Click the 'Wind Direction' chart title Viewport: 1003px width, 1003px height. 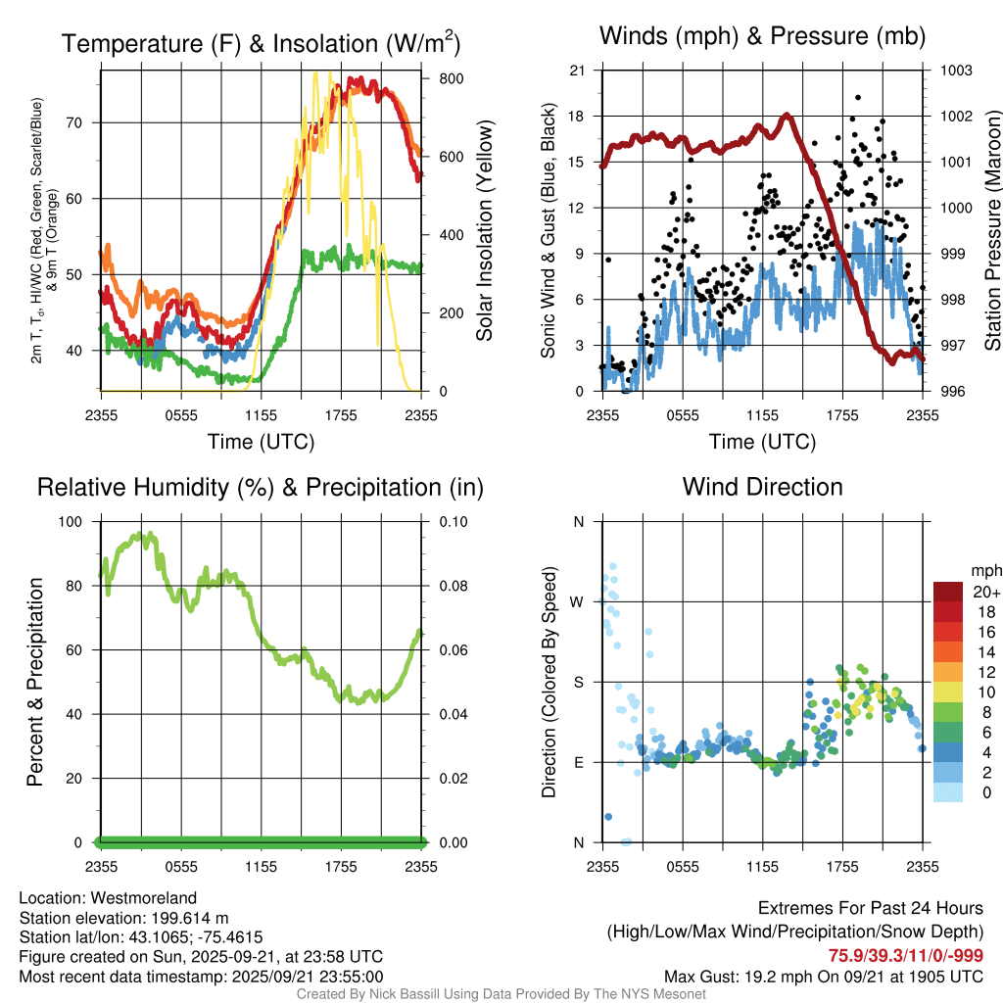[x=762, y=487]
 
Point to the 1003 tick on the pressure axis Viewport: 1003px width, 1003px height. [x=956, y=71]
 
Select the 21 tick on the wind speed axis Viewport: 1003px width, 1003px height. [x=577, y=71]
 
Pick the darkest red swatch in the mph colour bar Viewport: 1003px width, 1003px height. [x=949, y=592]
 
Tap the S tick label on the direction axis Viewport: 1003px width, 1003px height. [x=577, y=682]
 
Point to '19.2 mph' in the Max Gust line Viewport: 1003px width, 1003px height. [x=779, y=976]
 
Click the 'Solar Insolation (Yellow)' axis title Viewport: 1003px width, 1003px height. [x=484, y=230]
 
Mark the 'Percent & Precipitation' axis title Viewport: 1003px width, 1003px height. [x=35, y=682]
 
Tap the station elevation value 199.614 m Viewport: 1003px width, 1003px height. [x=190, y=918]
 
